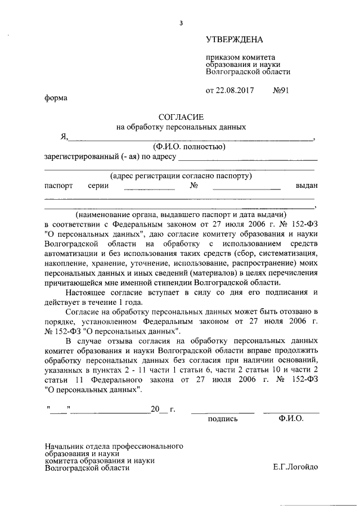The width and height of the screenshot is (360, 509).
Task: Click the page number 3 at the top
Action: click(x=181, y=23)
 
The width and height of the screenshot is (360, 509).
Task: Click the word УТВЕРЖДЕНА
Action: click(x=234, y=39)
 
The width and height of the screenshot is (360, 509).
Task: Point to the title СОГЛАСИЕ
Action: click(x=181, y=116)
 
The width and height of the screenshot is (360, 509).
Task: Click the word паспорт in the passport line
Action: click(x=58, y=185)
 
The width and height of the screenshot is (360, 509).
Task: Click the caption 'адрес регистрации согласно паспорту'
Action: click(x=181, y=175)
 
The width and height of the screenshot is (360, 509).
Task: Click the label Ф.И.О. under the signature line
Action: click(x=290, y=419)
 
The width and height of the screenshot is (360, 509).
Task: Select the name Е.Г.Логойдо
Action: click(x=295, y=466)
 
